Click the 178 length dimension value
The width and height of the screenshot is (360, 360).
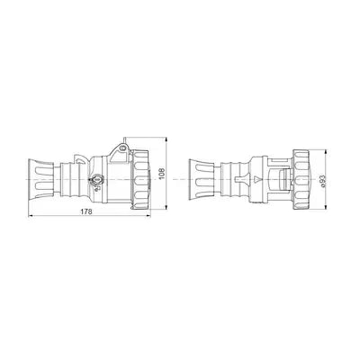coord(86,211)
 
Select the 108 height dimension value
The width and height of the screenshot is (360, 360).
coord(162,173)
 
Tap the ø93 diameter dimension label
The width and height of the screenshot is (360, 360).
coord(323,181)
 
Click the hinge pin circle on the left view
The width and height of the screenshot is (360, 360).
coord(121,148)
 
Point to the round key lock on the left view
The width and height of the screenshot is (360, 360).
coord(97,180)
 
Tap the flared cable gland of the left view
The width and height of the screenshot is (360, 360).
coord(40,179)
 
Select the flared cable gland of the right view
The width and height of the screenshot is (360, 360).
coord(201,179)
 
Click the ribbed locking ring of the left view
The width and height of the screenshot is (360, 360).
coord(140,179)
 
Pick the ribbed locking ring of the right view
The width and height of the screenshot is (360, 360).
coord(301,179)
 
